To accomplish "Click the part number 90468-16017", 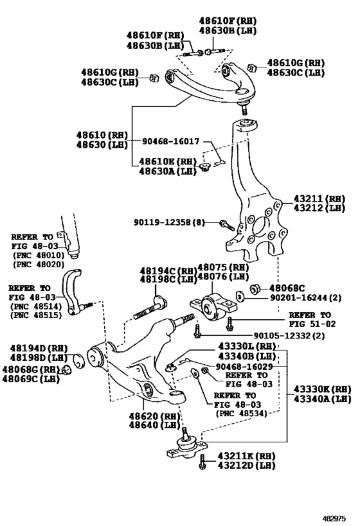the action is (x=170, y=141).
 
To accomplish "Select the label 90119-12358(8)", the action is (x=169, y=222).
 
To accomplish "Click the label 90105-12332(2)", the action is (x=289, y=335).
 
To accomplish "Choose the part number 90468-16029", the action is (x=244, y=367).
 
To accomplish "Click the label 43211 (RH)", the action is (x=319, y=198).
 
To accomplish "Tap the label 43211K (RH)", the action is (x=246, y=456).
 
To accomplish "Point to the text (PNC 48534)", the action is (x=241, y=414).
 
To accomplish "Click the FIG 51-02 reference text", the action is (x=312, y=324).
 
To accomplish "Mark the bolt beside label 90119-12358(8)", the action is (x=227, y=225).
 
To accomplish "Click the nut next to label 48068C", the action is (x=255, y=288).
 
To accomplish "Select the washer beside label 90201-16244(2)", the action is (x=240, y=297).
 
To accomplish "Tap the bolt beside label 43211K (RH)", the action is (x=202, y=462).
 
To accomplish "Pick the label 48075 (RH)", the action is (x=223, y=268).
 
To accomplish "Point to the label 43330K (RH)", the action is (x=322, y=389).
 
